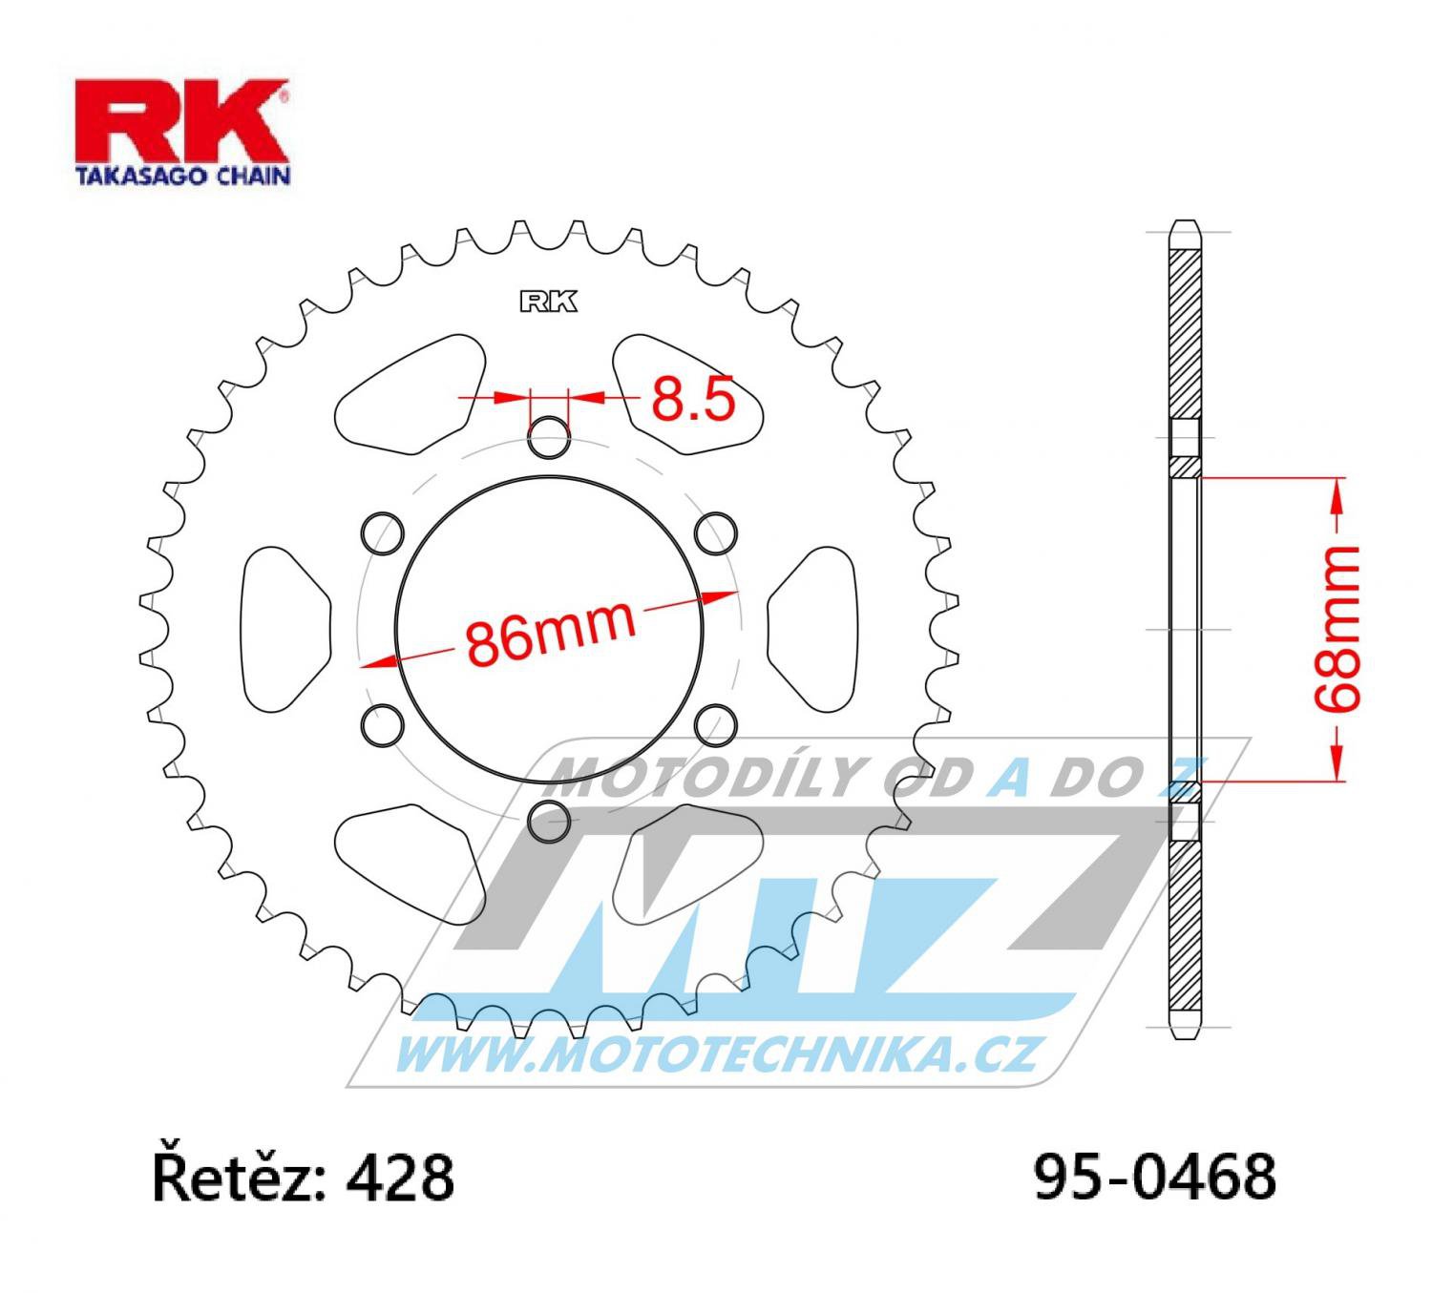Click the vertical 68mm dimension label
tap(1337, 630)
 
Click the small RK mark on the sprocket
tap(548, 302)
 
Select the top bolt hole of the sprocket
tap(549, 437)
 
